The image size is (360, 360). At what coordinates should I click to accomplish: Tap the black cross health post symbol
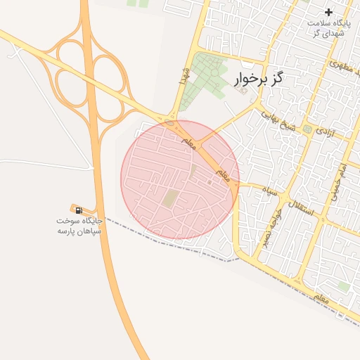(x=328, y=12)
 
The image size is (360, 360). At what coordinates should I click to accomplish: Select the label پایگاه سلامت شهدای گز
(x=328, y=28)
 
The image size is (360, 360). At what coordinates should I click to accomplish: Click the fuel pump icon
(x=77, y=210)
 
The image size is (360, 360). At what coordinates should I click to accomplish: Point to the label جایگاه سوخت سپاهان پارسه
(x=79, y=226)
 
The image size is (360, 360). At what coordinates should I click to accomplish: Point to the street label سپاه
(x=269, y=190)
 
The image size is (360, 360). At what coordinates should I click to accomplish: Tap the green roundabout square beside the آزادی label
(x=307, y=129)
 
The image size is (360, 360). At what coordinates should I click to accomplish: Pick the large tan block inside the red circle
(x=169, y=199)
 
